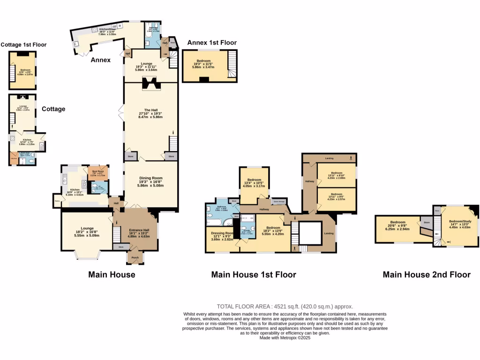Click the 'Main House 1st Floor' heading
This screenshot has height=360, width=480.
(253, 275)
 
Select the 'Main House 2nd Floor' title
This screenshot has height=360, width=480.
(427, 275)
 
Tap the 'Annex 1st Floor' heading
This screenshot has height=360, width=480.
(212, 43)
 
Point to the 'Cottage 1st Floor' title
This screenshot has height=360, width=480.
(23, 45)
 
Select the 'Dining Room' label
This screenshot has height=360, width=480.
(150, 178)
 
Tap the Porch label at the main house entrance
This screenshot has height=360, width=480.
(135, 256)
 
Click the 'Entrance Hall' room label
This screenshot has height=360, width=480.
(136, 230)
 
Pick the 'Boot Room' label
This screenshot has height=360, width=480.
(98, 171)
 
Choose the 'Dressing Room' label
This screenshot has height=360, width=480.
(222, 233)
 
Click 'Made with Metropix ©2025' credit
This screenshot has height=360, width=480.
(285, 337)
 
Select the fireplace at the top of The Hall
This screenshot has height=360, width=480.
(150, 84)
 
